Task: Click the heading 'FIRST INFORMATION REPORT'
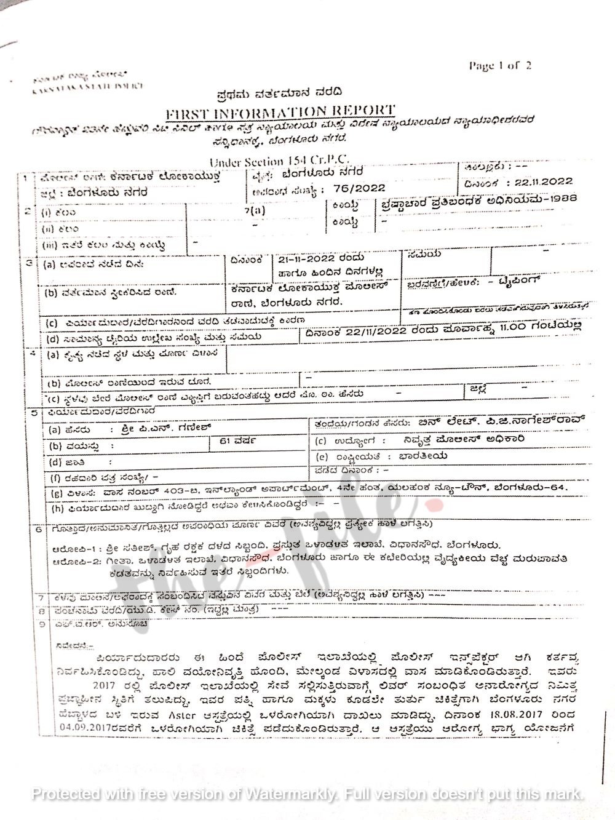click(x=280, y=113)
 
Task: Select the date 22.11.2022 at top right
click(x=541, y=181)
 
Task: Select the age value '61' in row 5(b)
click(x=217, y=440)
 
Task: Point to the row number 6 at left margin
click(x=39, y=528)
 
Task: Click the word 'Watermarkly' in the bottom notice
click(x=290, y=794)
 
